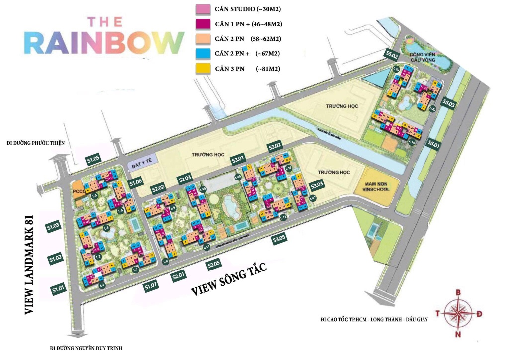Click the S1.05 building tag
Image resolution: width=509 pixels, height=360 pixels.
coord(94,160)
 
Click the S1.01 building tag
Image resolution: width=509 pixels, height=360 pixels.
coord(59,289)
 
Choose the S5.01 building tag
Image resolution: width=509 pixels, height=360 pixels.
coord(434,145)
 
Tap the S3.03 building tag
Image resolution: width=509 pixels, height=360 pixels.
coord(317,186)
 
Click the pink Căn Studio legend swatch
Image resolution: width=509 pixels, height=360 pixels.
coord(203,8)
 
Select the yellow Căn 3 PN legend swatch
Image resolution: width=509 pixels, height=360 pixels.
coord(203,68)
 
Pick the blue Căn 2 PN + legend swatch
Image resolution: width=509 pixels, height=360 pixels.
coord(203,53)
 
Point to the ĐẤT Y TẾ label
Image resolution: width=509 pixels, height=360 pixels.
coord(141,163)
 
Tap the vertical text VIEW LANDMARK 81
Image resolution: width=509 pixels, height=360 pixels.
coord(29,264)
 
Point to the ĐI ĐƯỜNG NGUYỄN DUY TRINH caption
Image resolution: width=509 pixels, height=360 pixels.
coord(86,348)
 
